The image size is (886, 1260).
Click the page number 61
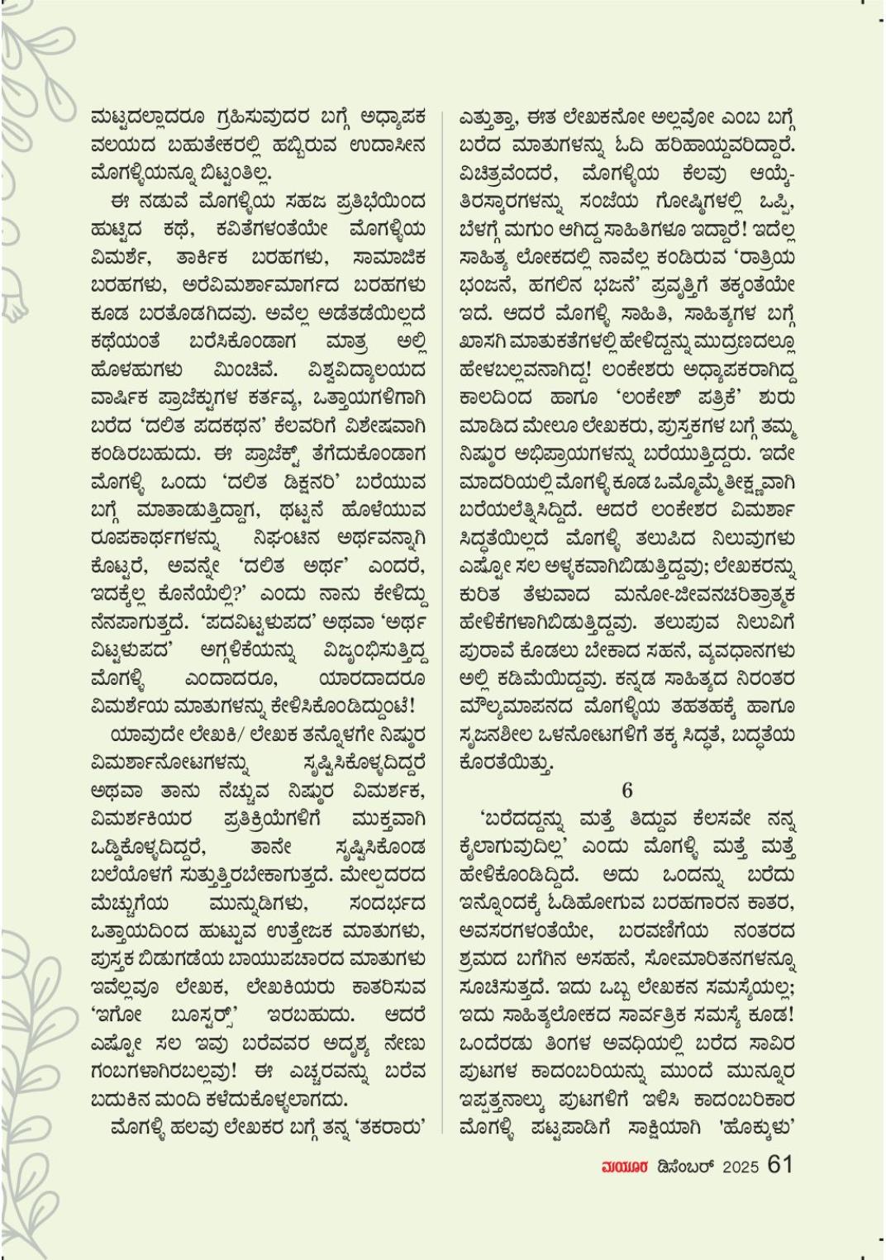779,1163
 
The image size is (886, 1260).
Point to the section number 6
627,790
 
